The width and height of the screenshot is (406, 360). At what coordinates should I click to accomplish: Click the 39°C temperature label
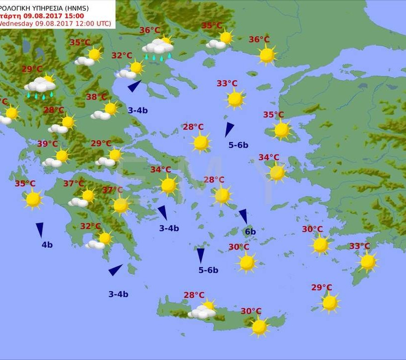tap(48, 144)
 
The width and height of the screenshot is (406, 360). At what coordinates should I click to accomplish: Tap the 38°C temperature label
tap(97, 97)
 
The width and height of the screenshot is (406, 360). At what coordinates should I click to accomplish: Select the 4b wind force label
tap(47, 245)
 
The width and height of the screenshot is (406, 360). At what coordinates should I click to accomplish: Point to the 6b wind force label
tap(250, 232)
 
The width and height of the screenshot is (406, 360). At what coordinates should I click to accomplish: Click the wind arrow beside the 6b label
tap(243, 216)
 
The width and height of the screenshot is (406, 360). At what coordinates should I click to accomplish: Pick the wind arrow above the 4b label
tap(40, 230)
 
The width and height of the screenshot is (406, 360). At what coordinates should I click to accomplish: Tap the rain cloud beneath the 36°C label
tap(158, 49)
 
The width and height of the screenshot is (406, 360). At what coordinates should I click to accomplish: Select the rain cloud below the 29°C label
tap(40, 86)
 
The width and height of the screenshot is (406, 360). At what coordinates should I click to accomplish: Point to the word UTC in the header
tap(104, 23)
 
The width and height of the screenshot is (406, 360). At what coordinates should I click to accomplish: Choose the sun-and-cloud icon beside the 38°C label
tap(105, 111)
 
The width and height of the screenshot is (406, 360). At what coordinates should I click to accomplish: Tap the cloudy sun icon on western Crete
tap(203, 310)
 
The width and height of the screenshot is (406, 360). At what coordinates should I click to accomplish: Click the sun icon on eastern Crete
tap(259, 327)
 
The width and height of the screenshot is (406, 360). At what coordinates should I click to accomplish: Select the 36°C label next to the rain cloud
tap(150, 30)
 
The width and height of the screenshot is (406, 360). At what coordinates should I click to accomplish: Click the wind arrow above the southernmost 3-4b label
tap(115, 270)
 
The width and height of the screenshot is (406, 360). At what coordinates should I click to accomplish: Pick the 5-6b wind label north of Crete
tap(208, 270)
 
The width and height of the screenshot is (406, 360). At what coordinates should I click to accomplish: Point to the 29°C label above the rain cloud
tap(32, 69)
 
